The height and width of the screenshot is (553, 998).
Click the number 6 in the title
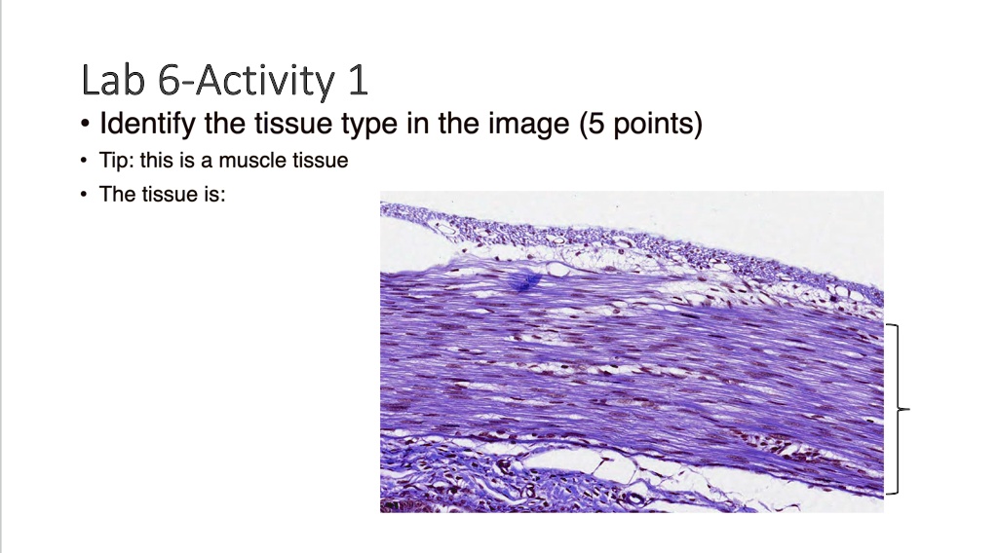coord(167,81)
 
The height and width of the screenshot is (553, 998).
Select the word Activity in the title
coord(262,81)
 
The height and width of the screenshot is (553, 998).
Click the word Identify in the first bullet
coord(147,126)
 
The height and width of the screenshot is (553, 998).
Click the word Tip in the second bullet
coord(116,161)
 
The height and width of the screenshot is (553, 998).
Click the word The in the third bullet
coord(118,194)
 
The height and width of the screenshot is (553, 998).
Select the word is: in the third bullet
coord(212,194)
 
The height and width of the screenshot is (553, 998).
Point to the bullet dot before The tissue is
coord(86,195)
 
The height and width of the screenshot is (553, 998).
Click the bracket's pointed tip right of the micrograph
coord(909,410)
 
